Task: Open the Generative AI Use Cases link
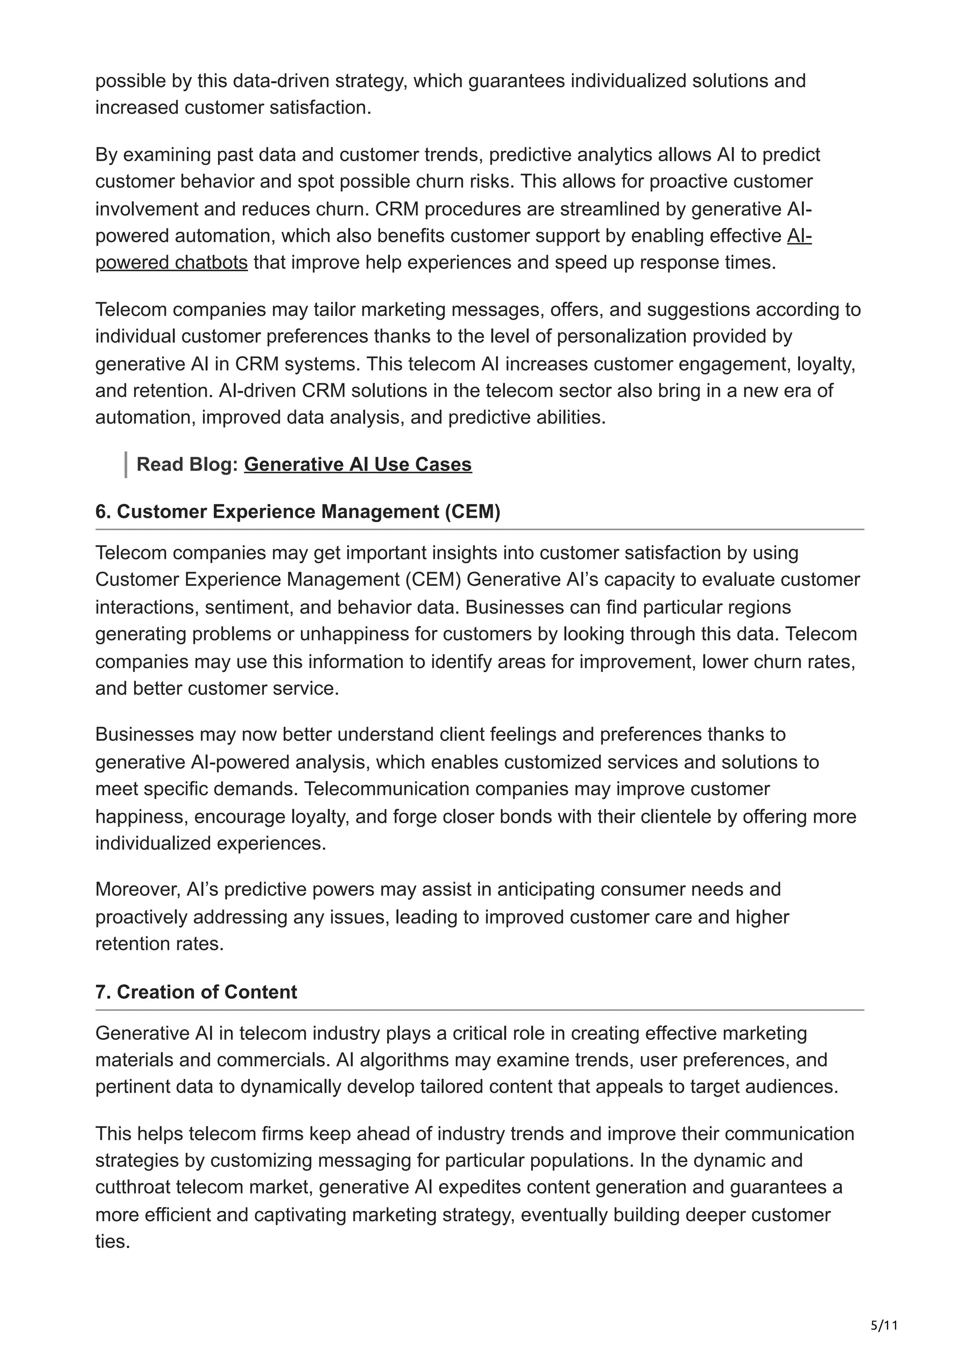point(357,464)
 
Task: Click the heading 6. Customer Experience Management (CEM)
point(298,511)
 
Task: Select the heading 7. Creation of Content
point(196,992)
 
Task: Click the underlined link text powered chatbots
point(172,262)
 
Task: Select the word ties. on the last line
point(112,1241)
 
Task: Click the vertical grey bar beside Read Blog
point(126,464)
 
